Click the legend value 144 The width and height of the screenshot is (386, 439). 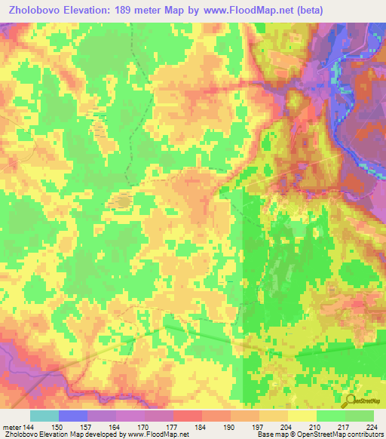tap(28, 427)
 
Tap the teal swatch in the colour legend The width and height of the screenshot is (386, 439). tap(44, 416)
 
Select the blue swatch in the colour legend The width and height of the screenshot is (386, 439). tap(72, 416)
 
